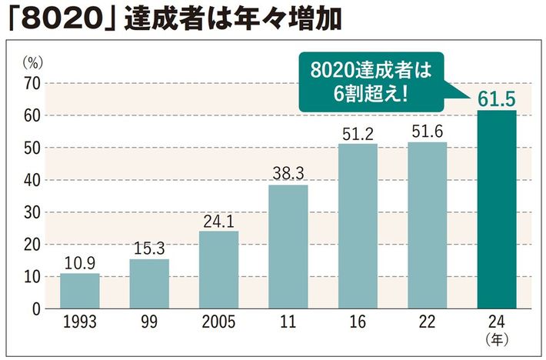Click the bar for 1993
pyautogui.click(x=79, y=291)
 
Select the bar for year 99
pyautogui.click(x=149, y=284)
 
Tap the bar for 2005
pyautogui.click(x=218, y=269)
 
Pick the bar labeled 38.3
pyautogui.click(x=288, y=246)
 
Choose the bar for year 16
pyautogui.click(x=358, y=226)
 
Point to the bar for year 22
pyautogui.click(x=427, y=225)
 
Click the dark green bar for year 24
pyautogui.click(x=497, y=209)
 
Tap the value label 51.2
pyautogui.click(x=358, y=133)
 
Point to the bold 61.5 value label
pyautogui.click(x=497, y=98)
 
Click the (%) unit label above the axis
pyautogui.click(x=32, y=61)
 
